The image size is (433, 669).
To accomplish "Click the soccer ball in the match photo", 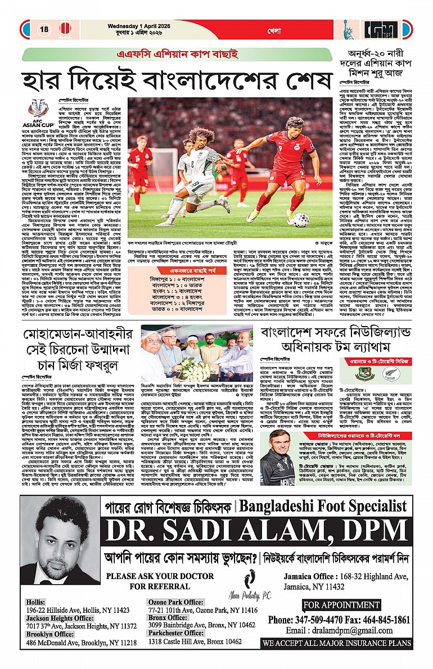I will point(300,219).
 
